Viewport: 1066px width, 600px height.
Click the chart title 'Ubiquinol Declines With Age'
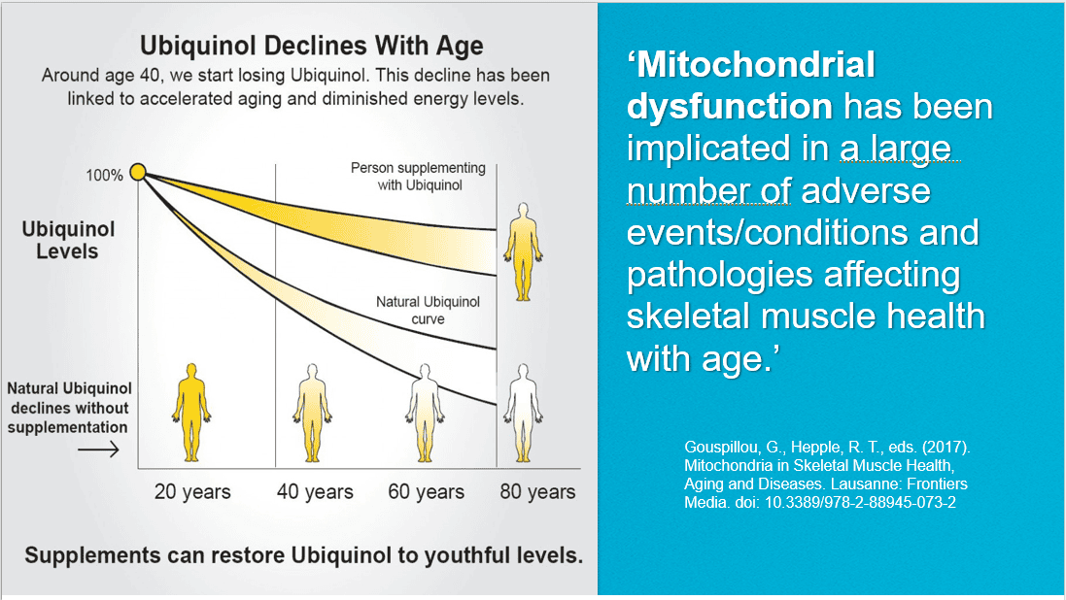coord(311,46)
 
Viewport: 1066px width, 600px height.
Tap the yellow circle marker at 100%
coord(138,172)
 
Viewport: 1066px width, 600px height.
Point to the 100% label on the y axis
coord(104,176)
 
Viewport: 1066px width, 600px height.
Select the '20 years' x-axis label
coord(192,491)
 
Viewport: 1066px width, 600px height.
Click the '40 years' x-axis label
coord(315,491)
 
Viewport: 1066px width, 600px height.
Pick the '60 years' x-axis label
coord(427,491)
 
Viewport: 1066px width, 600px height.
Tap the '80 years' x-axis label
coord(537,491)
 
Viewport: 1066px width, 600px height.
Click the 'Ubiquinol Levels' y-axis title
coord(68,240)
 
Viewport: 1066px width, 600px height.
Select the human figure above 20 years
coord(191,413)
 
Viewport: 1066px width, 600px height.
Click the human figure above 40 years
coord(312,413)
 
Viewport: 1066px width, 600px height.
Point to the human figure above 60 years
coord(425,413)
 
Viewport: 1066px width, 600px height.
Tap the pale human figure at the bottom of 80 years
coord(523,413)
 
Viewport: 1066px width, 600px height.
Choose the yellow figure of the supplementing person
coord(523,251)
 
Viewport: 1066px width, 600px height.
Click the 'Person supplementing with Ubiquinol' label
coord(418,176)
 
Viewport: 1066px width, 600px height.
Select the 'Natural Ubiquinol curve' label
coord(428,311)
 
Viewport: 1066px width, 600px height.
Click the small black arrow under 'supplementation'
coord(98,450)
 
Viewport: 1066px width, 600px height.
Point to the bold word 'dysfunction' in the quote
coord(730,107)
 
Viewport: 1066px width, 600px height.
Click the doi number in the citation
coord(860,503)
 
